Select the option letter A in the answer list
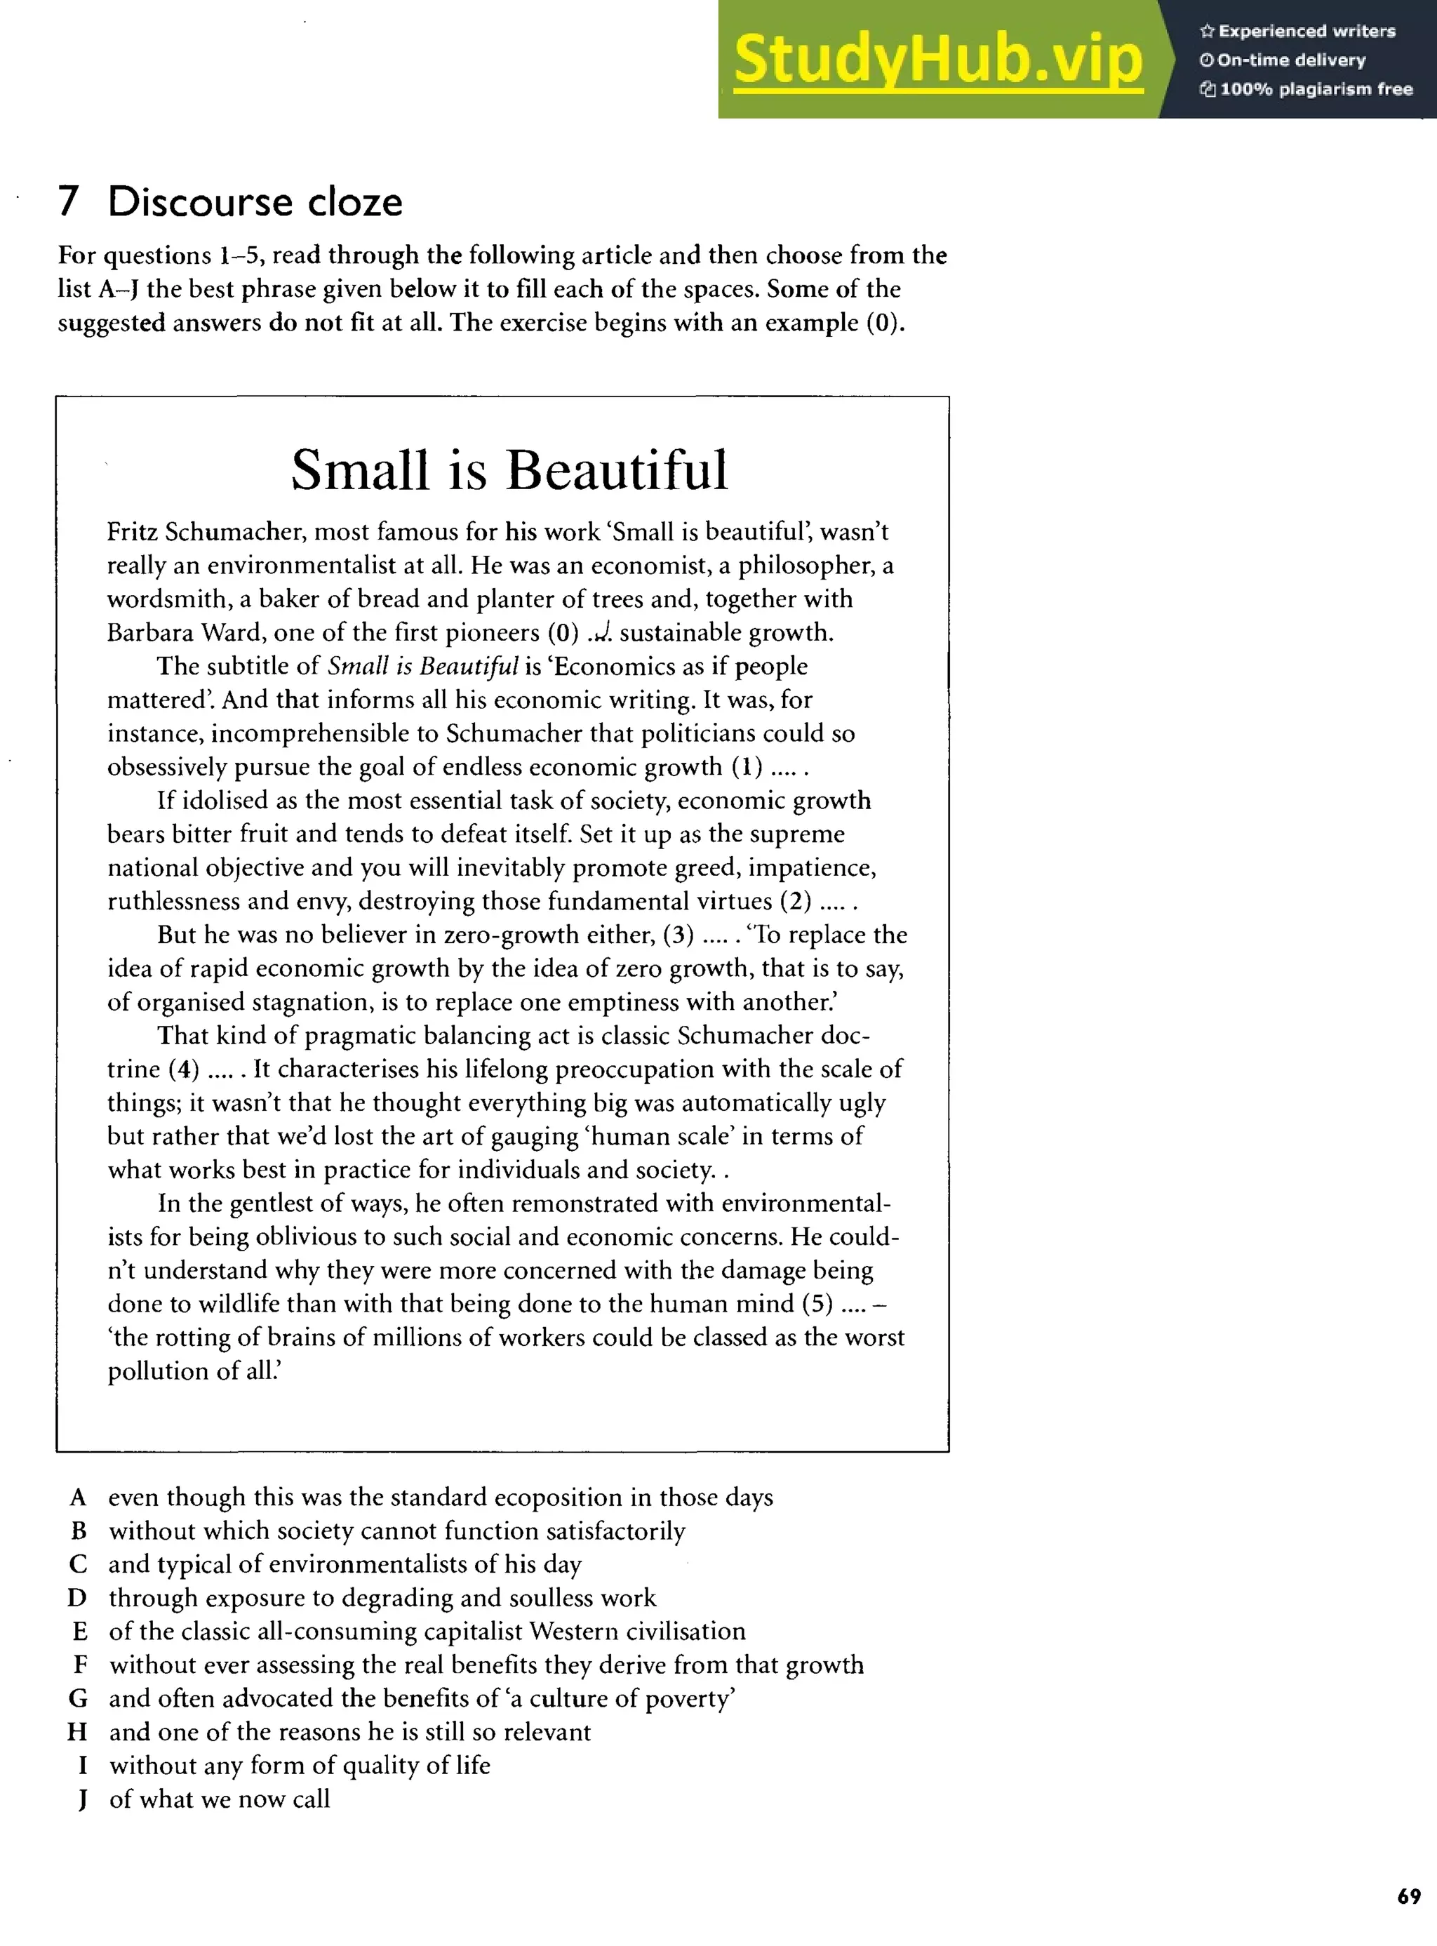79,1497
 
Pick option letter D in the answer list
77,1598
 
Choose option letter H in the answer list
77,1732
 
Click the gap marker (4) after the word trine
184,1069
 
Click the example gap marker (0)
563,632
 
